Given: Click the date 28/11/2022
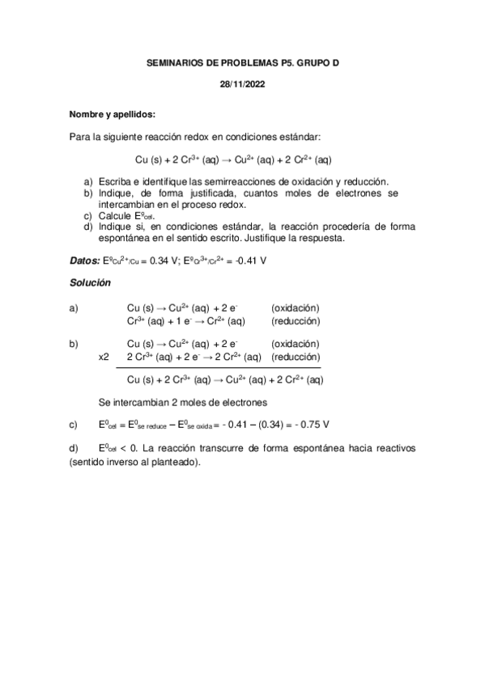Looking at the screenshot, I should coord(242,83).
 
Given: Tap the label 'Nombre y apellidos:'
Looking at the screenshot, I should coord(112,114).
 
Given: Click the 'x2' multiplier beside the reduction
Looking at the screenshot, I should coord(104,356).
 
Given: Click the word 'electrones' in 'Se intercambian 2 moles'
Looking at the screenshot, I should coord(243,402).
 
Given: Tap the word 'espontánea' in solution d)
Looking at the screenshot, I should coord(299,447).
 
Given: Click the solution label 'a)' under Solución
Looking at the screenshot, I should coord(74,307).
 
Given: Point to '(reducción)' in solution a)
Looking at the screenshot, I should coord(296,320).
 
